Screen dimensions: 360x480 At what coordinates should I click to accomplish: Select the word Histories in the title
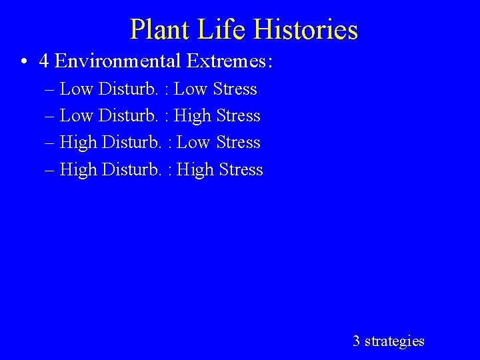pyautogui.click(x=306, y=29)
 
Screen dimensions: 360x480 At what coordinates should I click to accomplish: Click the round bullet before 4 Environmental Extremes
pyautogui.click(x=23, y=62)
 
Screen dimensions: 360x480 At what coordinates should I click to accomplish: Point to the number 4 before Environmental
pyautogui.click(x=44, y=61)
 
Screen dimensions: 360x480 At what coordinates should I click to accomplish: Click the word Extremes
pyautogui.click(x=227, y=61)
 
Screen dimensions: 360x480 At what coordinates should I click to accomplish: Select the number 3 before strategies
pyautogui.click(x=357, y=341)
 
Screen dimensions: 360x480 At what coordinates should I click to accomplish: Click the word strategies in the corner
pyautogui.click(x=395, y=341)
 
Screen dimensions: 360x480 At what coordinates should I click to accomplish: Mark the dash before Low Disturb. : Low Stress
pyautogui.click(x=51, y=89)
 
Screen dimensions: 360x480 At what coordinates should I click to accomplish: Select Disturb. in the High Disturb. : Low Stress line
pyautogui.click(x=131, y=143)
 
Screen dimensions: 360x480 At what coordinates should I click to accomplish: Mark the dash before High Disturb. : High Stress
pyautogui.click(x=51, y=170)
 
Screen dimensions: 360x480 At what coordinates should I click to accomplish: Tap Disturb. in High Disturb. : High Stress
pyautogui.click(x=131, y=169)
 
